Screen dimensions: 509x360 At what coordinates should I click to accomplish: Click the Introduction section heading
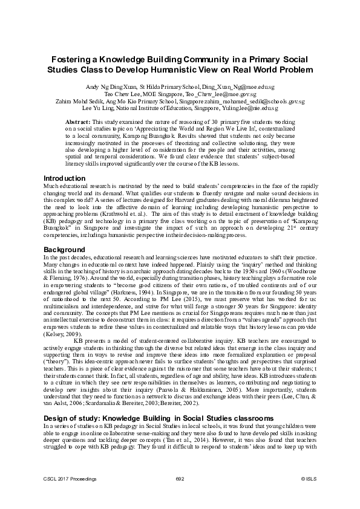point(65,179)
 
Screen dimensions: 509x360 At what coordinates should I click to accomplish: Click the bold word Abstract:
point(77,122)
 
